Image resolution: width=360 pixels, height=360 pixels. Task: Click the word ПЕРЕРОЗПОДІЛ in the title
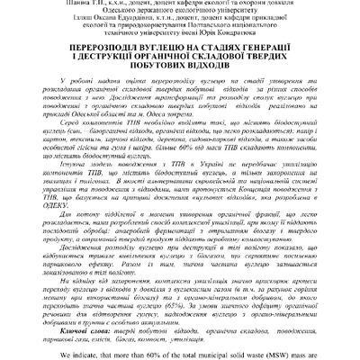[107, 58]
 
